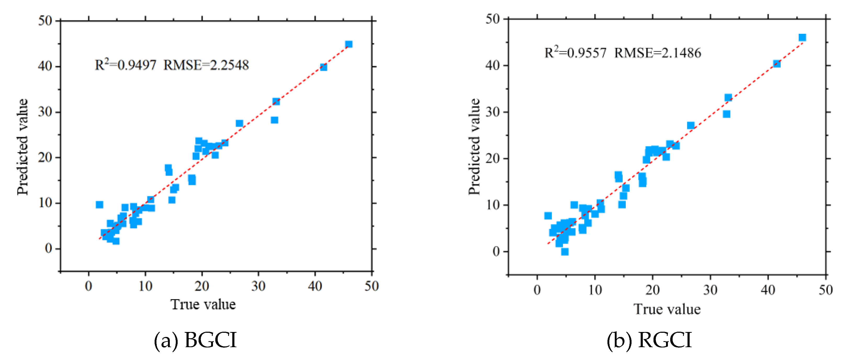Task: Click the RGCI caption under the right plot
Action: coord(650,340)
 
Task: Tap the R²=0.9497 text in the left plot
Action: coord(125,65)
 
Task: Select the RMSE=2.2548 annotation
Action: coord(206,65)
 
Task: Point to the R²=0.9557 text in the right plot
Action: coord(575,53)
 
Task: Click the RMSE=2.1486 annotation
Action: coord(658,53)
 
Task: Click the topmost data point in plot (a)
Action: coord(349,44)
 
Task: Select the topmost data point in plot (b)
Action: coord(802,37)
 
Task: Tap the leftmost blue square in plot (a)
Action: coord(99,205)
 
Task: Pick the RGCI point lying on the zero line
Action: coord(565,252)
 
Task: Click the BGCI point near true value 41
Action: coord(323,67)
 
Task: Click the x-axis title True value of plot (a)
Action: coord(203,304)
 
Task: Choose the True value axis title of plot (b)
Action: coord(667,309)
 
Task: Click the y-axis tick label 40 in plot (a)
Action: coord(45,67)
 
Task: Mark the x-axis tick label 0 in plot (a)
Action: coord(89,286)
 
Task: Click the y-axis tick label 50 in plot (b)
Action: coord(493,19)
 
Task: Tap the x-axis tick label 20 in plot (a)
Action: coord(202,286)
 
